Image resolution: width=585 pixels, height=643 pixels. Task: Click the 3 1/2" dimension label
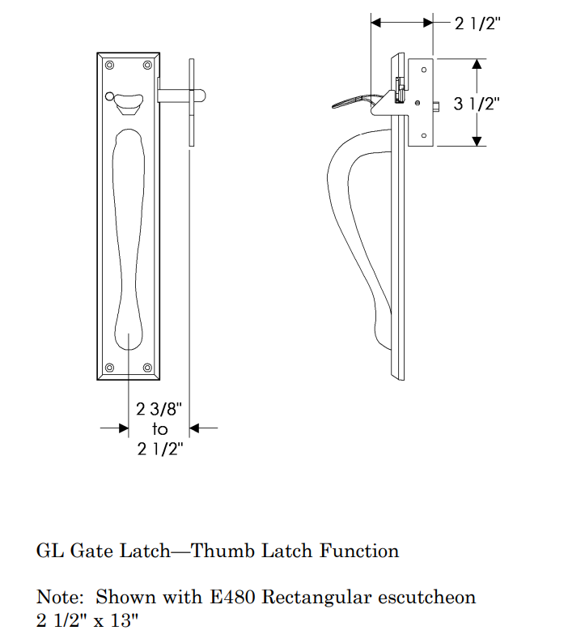point(477,104)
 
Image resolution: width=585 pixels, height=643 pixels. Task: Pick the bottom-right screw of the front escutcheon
point(148,368)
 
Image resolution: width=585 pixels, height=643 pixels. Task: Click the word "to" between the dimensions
point(159,429)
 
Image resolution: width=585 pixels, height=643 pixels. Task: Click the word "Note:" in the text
point(60,598)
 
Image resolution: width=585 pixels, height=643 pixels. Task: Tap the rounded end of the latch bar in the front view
point(202,96)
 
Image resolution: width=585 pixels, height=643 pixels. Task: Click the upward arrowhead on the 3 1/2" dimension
point(478,64)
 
